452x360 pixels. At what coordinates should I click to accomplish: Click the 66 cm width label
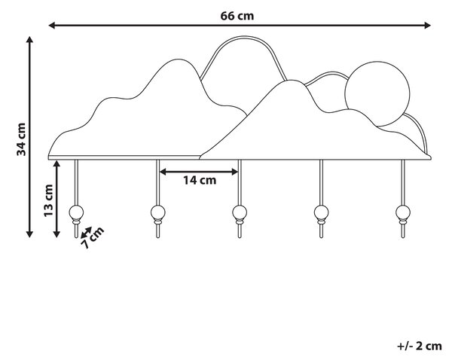pos(237,16)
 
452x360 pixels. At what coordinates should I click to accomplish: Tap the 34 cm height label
pos(21,139)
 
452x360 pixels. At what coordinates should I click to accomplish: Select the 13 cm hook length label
pos(48,200)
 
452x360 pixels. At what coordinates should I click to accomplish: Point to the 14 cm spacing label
pos(200,181)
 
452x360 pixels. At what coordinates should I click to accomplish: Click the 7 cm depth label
pos(92,237)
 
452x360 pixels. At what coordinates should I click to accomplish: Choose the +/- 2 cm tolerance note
pos(420,346)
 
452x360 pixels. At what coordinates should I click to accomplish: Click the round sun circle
pos(377,94)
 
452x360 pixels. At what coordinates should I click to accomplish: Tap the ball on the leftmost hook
pos(76,212)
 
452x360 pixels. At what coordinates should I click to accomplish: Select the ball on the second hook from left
pos(158,212)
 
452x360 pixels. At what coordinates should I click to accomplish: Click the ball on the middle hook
pos(240,212)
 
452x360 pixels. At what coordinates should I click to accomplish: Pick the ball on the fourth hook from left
pos(321,212)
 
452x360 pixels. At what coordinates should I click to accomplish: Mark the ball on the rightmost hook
pos(403,212)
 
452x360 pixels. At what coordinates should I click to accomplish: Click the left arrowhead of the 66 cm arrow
pos(52,26)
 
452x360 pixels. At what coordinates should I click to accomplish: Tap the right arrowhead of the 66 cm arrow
pos(427,26)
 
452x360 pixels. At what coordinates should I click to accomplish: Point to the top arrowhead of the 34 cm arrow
pos(29,40)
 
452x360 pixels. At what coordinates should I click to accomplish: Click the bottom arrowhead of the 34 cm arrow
pos(29,234)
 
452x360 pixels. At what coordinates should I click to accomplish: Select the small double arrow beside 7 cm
pos(86,232)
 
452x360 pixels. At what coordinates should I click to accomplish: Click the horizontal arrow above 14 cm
pos(199,172)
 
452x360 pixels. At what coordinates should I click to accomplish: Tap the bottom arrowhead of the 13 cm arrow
pos(56,234)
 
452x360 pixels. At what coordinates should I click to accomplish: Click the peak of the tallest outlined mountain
pos(243,37)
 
